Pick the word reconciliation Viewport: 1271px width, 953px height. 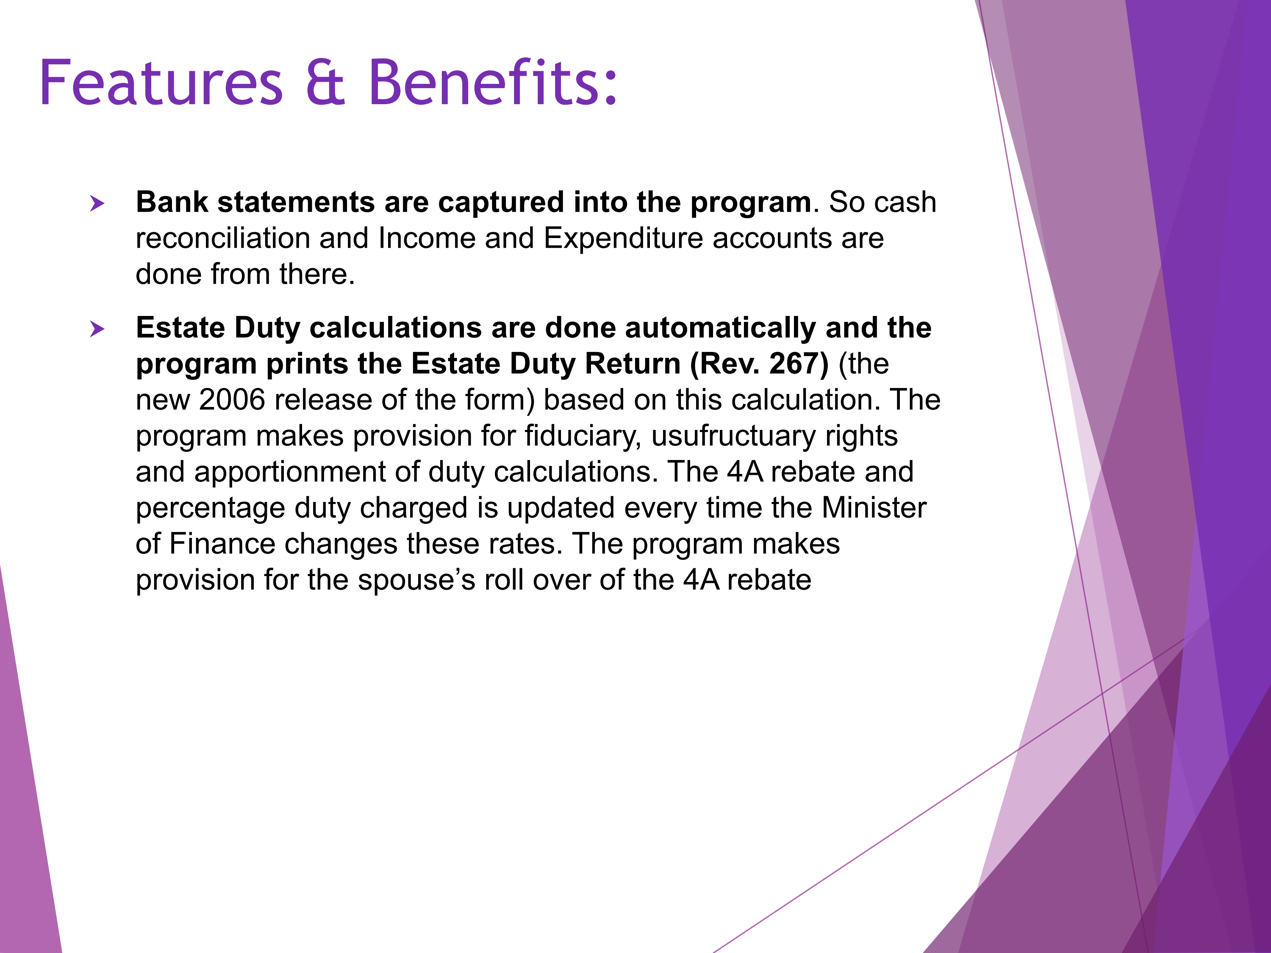click(223, 238)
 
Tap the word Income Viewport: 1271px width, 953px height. click(427, 238)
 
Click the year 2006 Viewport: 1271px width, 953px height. click(232, 400)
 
